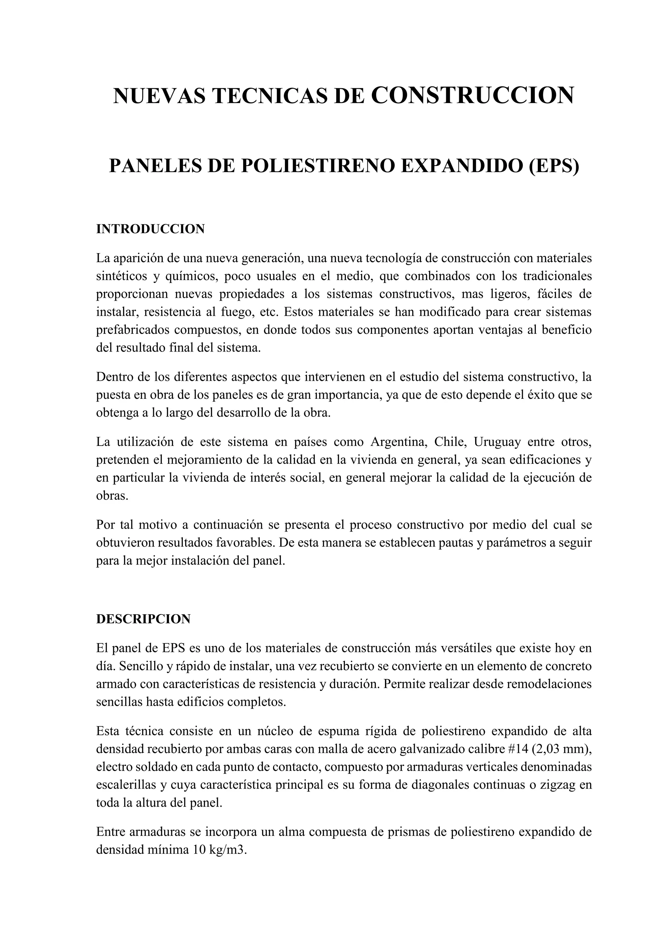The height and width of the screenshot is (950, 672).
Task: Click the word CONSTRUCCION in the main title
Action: (x=472, y=95)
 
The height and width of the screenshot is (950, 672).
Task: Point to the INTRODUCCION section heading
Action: (x=150, y=229)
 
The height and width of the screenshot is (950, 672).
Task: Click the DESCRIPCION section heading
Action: (x=143, y=619)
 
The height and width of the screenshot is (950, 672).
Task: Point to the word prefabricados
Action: (x=131, y=330)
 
